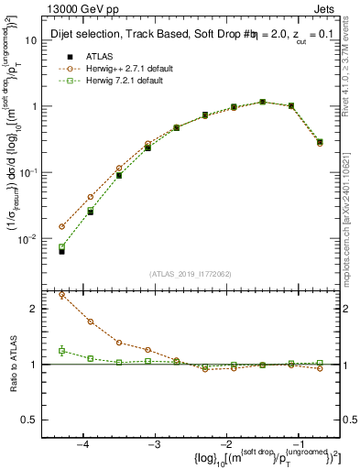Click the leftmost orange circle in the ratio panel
pyautogui.click(x=61, y=295)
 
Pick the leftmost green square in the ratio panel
pyautogui.click(x=61, y=351)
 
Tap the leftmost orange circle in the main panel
pyautogui.click(x=61, y=226)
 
